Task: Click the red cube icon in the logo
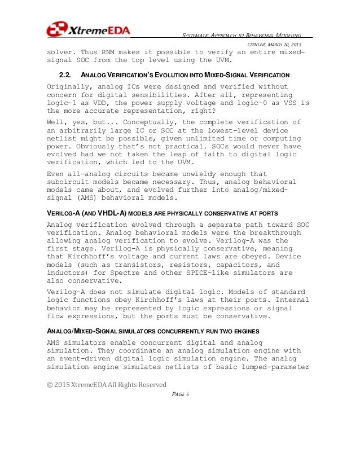pos(56,29)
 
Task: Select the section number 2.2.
pos(65,75)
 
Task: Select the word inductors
pos(68,272)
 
